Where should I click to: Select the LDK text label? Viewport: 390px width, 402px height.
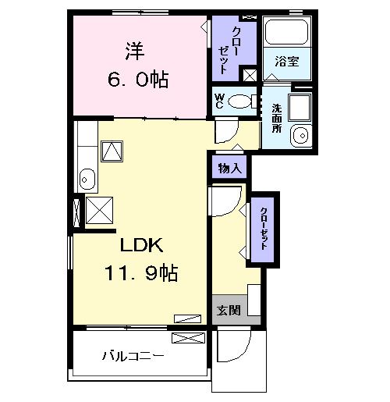click(x=140, y=246)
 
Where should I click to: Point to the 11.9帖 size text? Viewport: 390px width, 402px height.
click(x=143, y=273)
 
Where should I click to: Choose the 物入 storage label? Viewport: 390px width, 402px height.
click(x=229, y=168)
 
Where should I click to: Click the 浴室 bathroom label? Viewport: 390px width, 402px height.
click(x=286, y=62)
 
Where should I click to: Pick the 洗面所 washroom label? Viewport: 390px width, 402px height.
click(x=276, y=118)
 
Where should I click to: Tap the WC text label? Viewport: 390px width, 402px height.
click(x=220, y=101)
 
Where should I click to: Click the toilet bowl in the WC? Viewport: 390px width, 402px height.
click(x=243, y=100)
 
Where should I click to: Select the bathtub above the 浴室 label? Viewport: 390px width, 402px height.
click(x=286, y=32)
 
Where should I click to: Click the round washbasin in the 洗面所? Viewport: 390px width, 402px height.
click(x=300, y=136)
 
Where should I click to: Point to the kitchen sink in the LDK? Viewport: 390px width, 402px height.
click(x=87, y=180)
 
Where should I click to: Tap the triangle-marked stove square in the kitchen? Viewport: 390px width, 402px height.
click(x=113, y=150)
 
